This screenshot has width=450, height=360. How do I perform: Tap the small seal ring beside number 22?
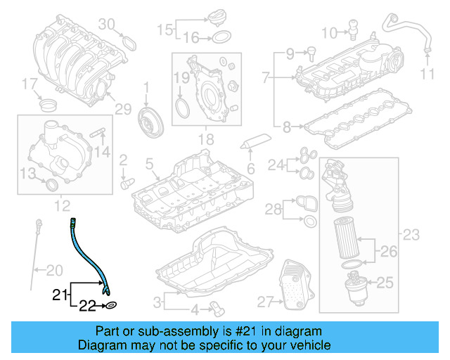[112, 306]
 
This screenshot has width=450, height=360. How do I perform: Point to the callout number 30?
[105, 24]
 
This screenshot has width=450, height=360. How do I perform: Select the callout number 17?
[29, 85]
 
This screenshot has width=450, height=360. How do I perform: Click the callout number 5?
[149, 165]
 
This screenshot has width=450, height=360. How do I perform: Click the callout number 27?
[264, 302]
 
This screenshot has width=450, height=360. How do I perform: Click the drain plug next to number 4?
[217, 307]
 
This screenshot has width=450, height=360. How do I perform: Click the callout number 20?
[54, 269]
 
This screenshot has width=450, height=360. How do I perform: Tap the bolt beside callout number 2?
[127, 182]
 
